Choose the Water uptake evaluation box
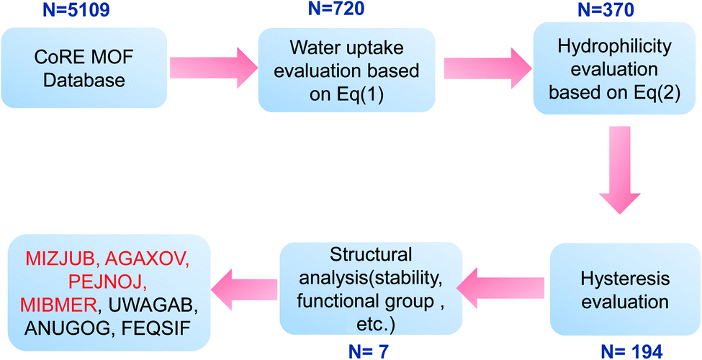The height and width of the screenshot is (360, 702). point(346,70)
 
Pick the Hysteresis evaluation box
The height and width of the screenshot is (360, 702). point(624,289)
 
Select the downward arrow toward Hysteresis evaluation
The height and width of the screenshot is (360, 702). point(620,170)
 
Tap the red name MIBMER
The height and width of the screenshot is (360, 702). point(61,306)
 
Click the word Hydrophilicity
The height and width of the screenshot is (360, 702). point(615,47)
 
